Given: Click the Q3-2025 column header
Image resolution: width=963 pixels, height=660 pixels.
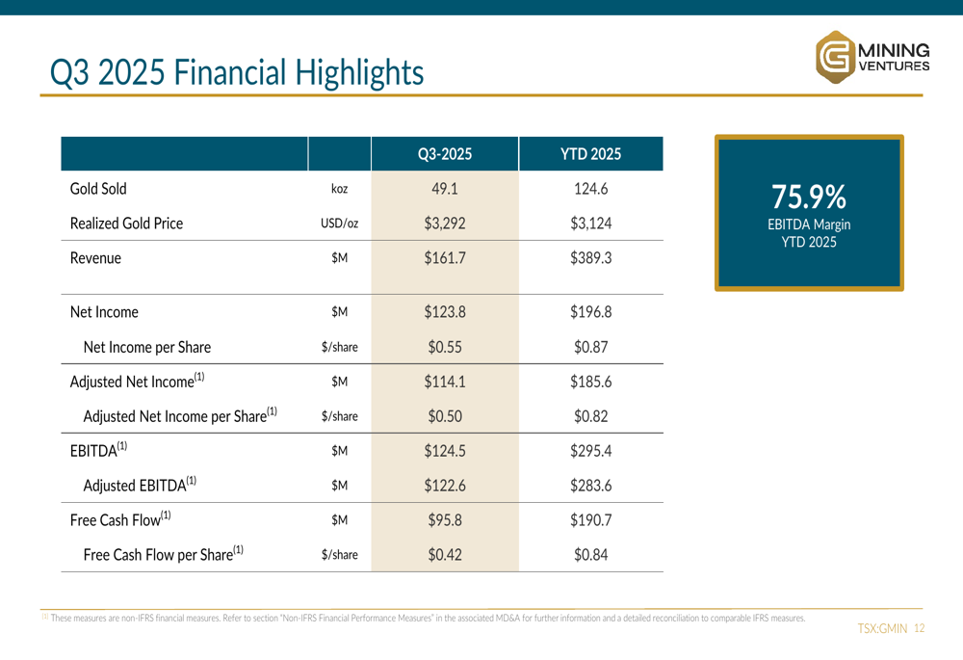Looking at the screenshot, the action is (x=445, y=153).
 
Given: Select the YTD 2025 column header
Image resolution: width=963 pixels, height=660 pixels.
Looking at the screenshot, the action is (x=591, y=153).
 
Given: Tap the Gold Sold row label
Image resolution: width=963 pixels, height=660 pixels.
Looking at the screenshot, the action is (x=98, y=189).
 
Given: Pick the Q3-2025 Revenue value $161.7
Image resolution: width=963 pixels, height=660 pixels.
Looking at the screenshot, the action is (x=445, y=258).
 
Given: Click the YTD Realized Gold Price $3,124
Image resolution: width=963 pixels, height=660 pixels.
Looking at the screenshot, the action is (x=591, y=224).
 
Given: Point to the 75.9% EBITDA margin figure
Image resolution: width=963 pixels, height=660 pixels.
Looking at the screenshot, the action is (x=809, y=198).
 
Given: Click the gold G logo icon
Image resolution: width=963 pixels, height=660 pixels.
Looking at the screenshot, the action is (x=835, y=57).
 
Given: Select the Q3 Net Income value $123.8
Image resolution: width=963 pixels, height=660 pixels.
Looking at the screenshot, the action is (x=445, y=312).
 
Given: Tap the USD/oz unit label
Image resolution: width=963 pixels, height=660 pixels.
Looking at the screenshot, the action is (x=340, y=224).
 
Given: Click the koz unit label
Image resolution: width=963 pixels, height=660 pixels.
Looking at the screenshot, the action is (x=340, y=189).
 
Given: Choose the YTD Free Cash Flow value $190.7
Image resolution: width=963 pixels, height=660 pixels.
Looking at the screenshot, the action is (x=591, y=520).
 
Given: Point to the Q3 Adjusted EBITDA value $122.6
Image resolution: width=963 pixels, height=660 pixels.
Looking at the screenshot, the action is (x=445, y=486).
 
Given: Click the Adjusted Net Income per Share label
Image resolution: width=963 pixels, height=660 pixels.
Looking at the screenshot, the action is (x=180, y=415).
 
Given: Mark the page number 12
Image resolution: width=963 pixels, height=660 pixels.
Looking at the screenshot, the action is (x=920, y=628).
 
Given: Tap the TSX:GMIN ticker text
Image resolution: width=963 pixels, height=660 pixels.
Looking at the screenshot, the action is (x=882, y=628).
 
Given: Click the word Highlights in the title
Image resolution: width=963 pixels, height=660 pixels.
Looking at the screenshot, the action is (x=359, y=72).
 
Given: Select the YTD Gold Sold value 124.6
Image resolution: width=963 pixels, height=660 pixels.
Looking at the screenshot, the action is (x=591, y=189).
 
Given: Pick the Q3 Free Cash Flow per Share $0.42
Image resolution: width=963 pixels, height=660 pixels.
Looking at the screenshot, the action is (x=445, y=555).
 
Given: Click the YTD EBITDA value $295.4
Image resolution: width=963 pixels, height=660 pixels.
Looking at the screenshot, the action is (x=591, y=451).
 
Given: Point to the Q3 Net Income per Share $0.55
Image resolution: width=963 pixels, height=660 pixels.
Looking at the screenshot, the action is (x=445, y=347).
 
